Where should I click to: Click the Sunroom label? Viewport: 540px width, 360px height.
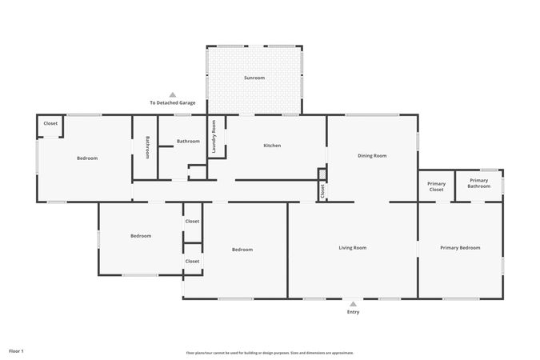point(254,78)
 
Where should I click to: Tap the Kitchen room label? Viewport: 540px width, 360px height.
point(272,146)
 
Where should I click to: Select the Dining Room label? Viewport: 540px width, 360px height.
point(372,156)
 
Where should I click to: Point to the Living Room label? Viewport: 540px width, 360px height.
point(353,248)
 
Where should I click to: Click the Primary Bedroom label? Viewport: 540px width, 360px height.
point(461,248)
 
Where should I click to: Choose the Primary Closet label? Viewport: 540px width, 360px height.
point(436,187)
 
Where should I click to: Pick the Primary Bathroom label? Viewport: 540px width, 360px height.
point(479,184)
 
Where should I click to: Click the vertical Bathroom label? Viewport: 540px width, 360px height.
point(147,147)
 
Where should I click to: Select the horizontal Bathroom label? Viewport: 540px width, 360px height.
point(188,142)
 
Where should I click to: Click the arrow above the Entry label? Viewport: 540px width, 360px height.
point(353,304)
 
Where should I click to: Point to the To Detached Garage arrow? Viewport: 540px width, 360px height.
point(172,94)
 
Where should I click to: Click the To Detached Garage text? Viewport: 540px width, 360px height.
point(173,103)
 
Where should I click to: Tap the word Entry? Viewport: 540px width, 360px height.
point(353,312)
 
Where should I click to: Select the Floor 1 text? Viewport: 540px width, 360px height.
point(17,351)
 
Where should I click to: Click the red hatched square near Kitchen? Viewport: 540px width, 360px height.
point(322,174)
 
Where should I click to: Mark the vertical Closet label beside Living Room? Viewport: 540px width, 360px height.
point(322,191)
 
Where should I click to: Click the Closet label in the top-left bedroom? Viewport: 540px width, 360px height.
point(50,123)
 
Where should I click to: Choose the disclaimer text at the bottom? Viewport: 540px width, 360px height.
point(270,353)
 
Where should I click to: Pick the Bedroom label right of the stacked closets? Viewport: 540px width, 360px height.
point(242,250)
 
